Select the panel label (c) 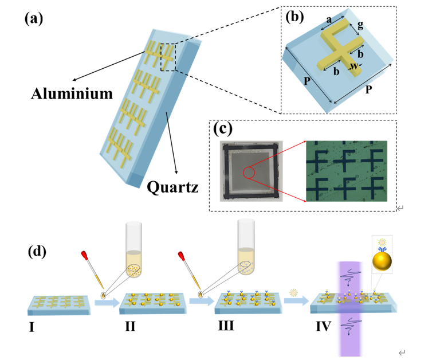(x=224, y=129)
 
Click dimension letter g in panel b (x=360, y=25)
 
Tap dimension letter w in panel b (x=355, y=67)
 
